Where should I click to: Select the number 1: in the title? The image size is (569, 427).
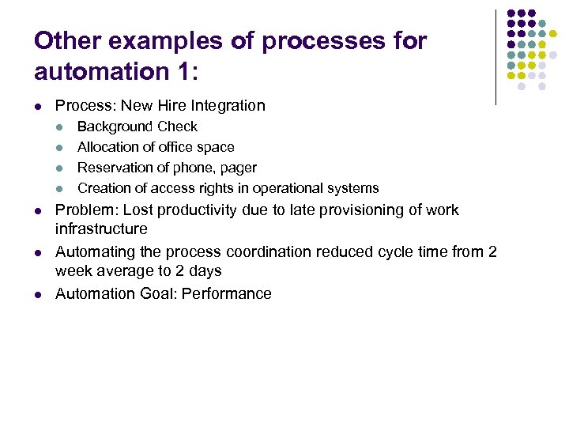179,72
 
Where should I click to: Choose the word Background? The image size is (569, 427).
115,127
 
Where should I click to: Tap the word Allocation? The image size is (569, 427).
108,147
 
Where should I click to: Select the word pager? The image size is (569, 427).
238,168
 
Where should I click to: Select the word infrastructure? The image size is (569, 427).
101,229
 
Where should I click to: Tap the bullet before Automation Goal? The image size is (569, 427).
38,294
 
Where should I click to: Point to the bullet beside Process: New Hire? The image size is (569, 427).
38,106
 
